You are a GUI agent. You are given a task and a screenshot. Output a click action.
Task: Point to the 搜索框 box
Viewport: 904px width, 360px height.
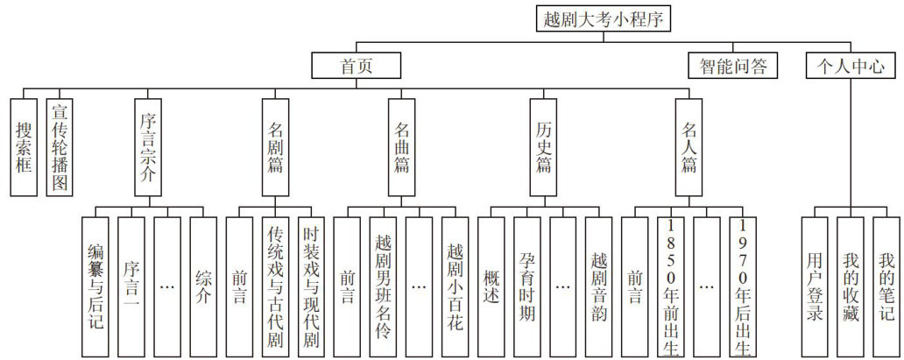(24, 145)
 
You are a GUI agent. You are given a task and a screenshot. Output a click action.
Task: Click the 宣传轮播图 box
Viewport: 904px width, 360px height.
(60, 145)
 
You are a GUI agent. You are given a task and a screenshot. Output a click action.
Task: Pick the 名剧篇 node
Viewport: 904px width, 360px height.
(274, 145)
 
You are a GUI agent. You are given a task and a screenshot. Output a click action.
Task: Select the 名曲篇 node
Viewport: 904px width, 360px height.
(402, 145)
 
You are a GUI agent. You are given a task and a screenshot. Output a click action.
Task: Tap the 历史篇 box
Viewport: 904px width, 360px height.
(543, 145)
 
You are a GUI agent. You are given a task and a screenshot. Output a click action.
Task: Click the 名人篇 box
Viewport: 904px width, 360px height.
(689, 145)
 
